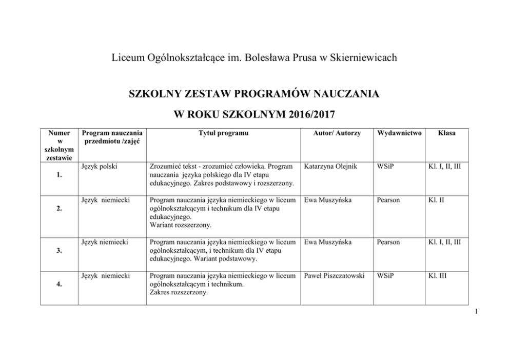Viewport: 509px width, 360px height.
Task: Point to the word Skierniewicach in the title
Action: point(365,58)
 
